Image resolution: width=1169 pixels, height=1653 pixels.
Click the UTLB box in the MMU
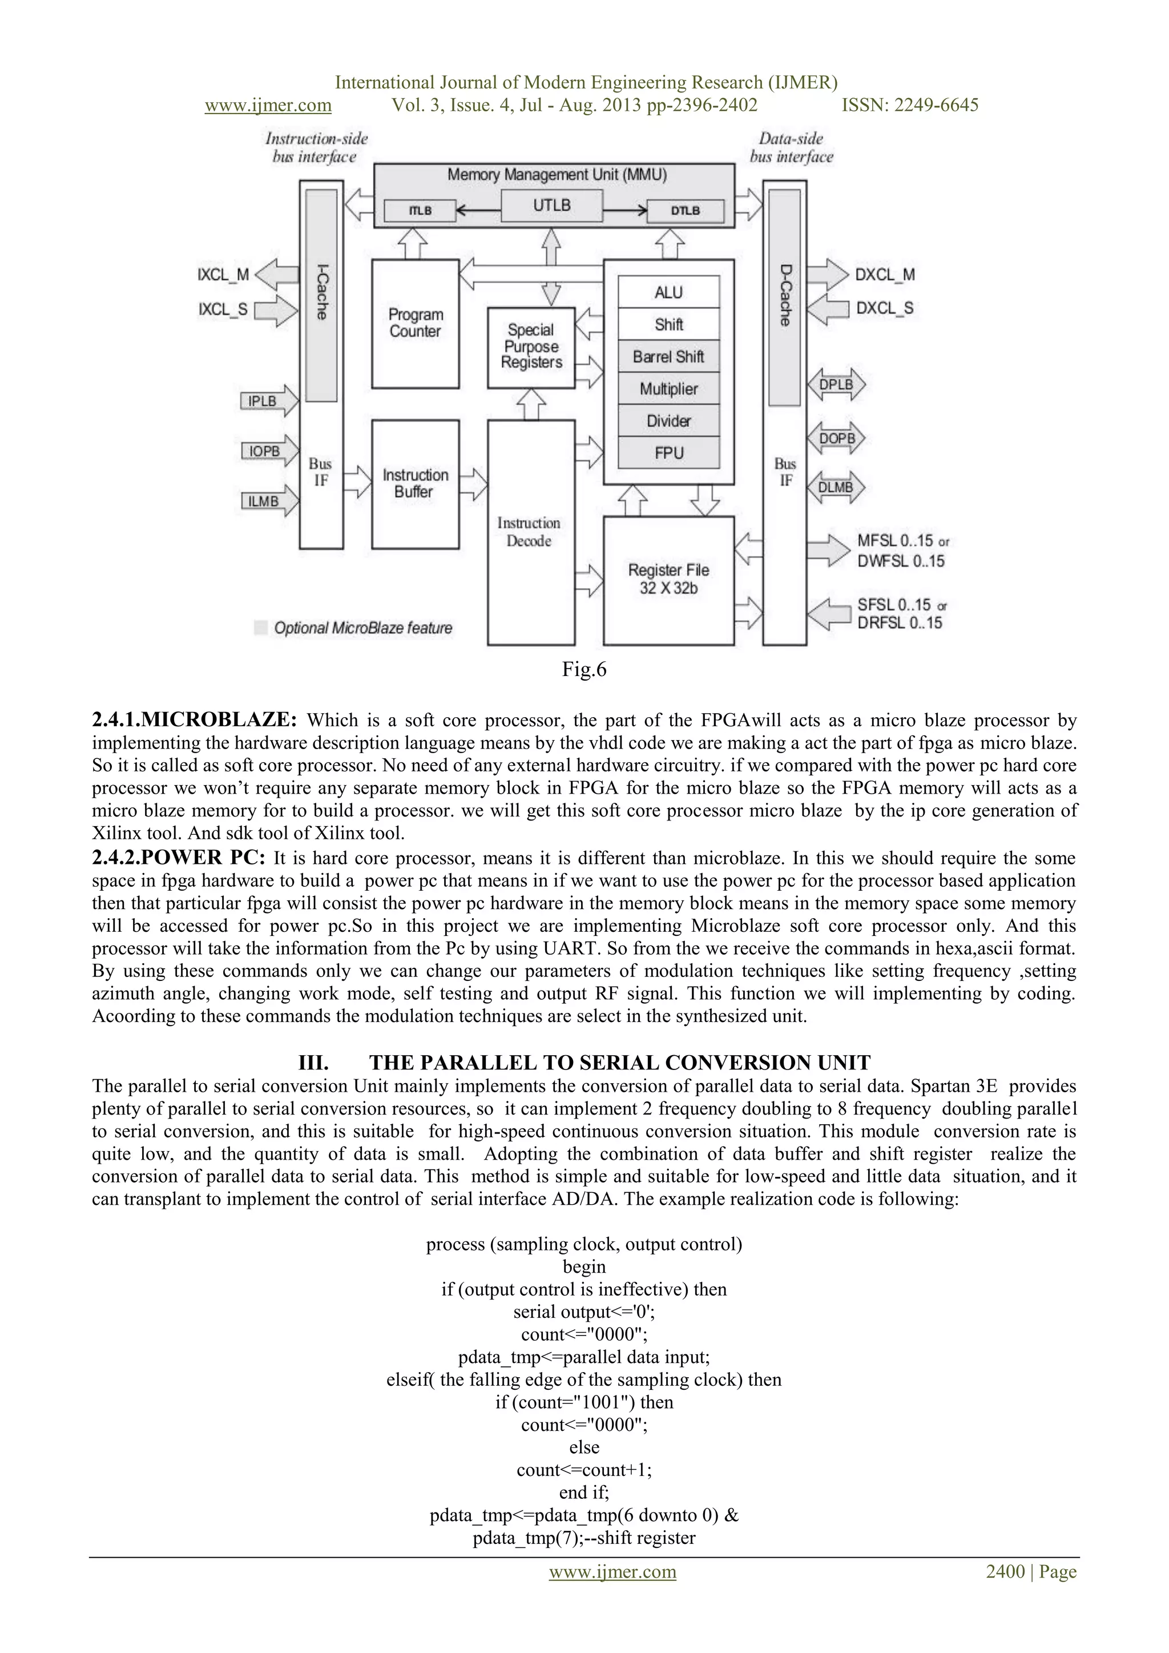coord(551,206)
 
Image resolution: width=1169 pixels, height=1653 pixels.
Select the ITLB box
coord(420,210)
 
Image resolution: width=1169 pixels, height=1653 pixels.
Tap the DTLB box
coord(684,210)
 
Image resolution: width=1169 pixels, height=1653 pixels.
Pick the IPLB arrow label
coord(263,401)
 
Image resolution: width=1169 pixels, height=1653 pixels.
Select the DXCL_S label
coord(885,308)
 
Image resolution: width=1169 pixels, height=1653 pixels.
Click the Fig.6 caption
coord(584,670)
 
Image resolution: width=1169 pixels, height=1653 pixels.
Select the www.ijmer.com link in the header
coord(268,105)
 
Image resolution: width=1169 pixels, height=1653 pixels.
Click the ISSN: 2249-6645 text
coord(910,105)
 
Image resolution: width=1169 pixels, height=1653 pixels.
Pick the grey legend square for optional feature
coord(261,628)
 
